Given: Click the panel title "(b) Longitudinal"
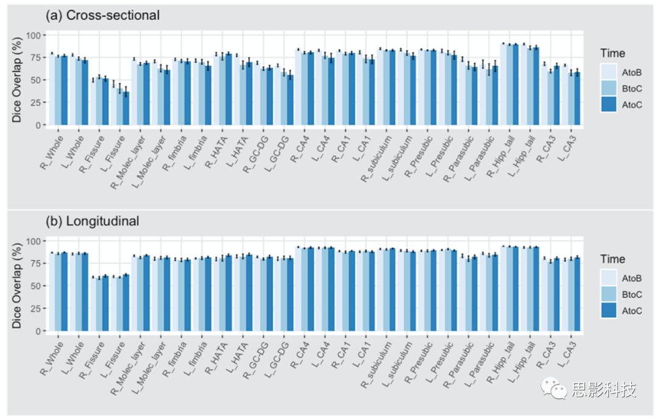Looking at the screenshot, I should click(x=93, y=221).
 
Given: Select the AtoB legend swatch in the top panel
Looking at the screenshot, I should click(x=609, y=72).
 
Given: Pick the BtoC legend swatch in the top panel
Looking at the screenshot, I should click(x=609, y=88).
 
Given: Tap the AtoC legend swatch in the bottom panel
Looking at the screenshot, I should click(x=609, y=311).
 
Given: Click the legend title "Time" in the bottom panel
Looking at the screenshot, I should click(x=612, y=259).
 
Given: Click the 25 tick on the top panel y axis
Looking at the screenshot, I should click(x=35, y=102).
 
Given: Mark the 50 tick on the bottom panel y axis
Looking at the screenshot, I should click(x=35, y=286).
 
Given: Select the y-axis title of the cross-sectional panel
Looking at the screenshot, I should click(x=17, y=79).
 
